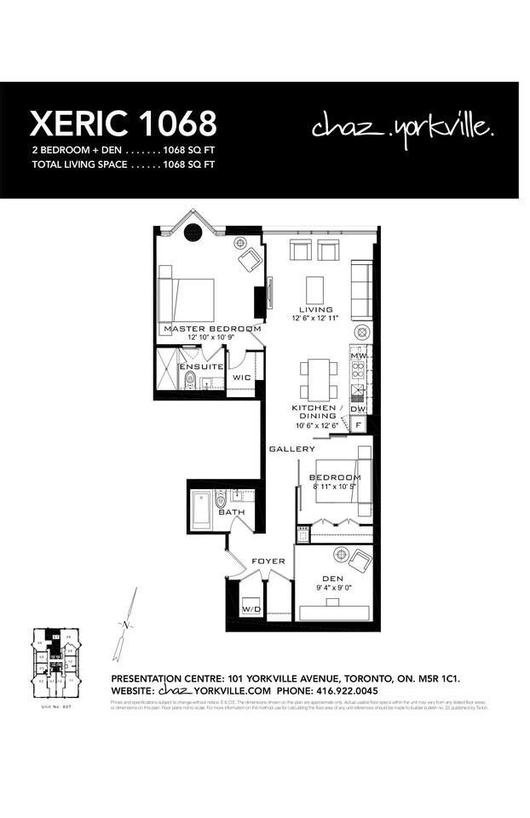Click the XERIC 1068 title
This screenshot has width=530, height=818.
[x=123, y=124]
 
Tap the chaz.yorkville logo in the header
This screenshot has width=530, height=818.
[x=402, y=128]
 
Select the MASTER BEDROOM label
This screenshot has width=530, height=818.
[x=211, y=328]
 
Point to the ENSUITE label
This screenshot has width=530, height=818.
[x=201, y=366]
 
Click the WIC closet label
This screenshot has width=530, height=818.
[x=241, y=376]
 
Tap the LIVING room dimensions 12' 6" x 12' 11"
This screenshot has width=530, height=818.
[x=315, y=319]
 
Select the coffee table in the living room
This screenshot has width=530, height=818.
[x=314, y=286]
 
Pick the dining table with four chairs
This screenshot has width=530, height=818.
[x=319, y=379]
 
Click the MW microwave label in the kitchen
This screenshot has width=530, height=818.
[x=358, y=355]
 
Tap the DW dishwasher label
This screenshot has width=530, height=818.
[x=358, y=409]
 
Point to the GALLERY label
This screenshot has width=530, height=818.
[x=291, y=449]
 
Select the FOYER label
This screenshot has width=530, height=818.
[x=268, y=562]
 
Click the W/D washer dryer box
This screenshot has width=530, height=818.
[x=251, y=609]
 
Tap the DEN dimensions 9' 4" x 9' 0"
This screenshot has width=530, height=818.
[x=332, y=587]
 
